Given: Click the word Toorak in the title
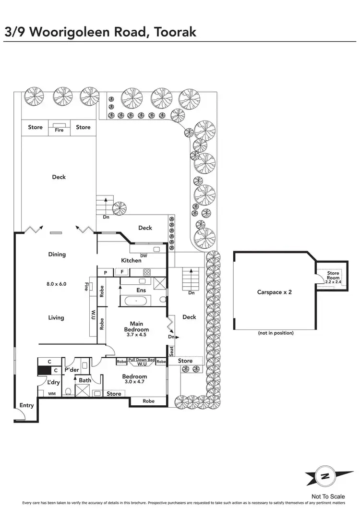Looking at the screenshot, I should click(172, 32).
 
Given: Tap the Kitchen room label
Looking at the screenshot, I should click(131, 260).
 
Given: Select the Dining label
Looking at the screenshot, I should click(57, 254).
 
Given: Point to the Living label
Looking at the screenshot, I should click(56, 317).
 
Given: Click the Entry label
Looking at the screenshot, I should click(26, 405).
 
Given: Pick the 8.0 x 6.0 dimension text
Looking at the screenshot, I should click(56, 284).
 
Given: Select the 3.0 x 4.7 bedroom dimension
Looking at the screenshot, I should click(134, 383).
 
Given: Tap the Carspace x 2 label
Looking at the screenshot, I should click(274, 291).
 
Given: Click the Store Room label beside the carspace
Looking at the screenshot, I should click(333, 276).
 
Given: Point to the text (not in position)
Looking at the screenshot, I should click(276, 333).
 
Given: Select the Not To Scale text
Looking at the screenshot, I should click(328, 497).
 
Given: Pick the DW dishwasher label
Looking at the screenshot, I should click(144, 255).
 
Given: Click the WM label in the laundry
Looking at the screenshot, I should click(52, 394).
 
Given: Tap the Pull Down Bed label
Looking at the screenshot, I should click(141, 360).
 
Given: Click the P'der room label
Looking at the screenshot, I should click(71, 369).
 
